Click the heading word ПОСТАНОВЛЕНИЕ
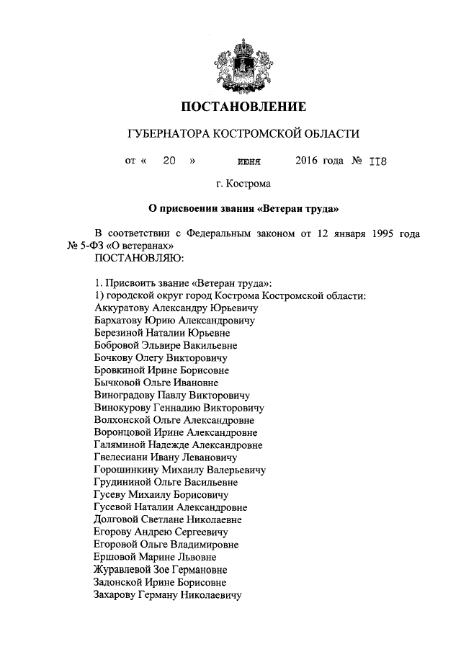243,107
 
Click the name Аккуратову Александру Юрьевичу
170,307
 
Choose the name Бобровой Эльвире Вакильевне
166,345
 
